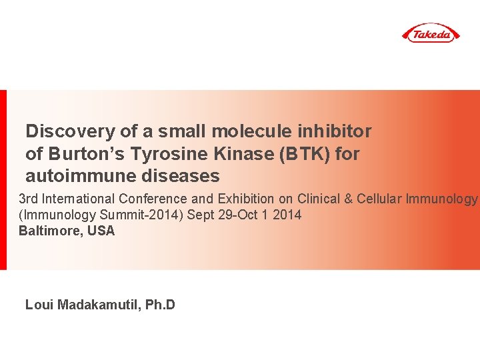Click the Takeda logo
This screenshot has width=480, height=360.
click(x=431, y=33)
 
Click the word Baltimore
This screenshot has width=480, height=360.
click(x=49, y=231)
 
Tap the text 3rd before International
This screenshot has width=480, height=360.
click(x=28, y=199)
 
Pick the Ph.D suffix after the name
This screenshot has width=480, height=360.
click(x=161, y=305)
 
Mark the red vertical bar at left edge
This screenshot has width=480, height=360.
click(x=3, y=180)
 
